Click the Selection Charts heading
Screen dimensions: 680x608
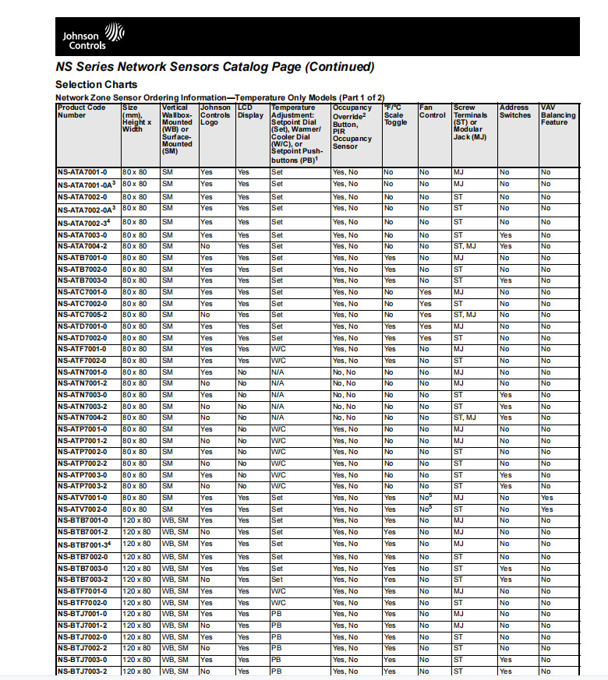pos(97,84)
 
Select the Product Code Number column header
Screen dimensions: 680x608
pos(81,111)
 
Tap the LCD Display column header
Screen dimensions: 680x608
pos(250,111)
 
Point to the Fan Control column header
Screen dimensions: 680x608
pos(432,111)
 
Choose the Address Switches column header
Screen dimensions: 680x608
pos(514,111)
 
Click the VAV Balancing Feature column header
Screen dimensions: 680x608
pos(558,115)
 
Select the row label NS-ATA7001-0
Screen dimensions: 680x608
pos(83,171)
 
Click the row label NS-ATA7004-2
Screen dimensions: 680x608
pos(83,246)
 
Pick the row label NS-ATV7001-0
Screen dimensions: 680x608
pos(83,498)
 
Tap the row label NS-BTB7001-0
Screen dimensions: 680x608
pos(83,520)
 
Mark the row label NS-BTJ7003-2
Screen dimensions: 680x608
pos(83,671)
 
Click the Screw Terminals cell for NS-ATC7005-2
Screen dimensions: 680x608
pos(465,315)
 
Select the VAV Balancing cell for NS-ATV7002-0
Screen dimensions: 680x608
pos(546,509)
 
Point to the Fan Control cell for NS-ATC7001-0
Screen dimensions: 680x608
pos(425,292)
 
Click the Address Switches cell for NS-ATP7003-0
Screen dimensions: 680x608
pos(505,474)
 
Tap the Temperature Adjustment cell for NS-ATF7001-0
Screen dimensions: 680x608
pos(278,350)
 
